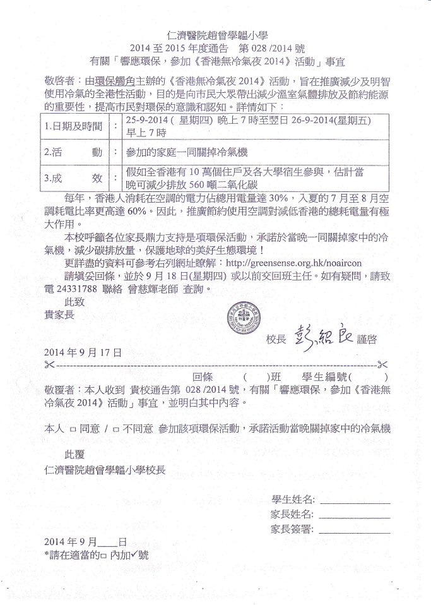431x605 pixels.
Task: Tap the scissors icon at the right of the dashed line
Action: coord(381,364)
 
